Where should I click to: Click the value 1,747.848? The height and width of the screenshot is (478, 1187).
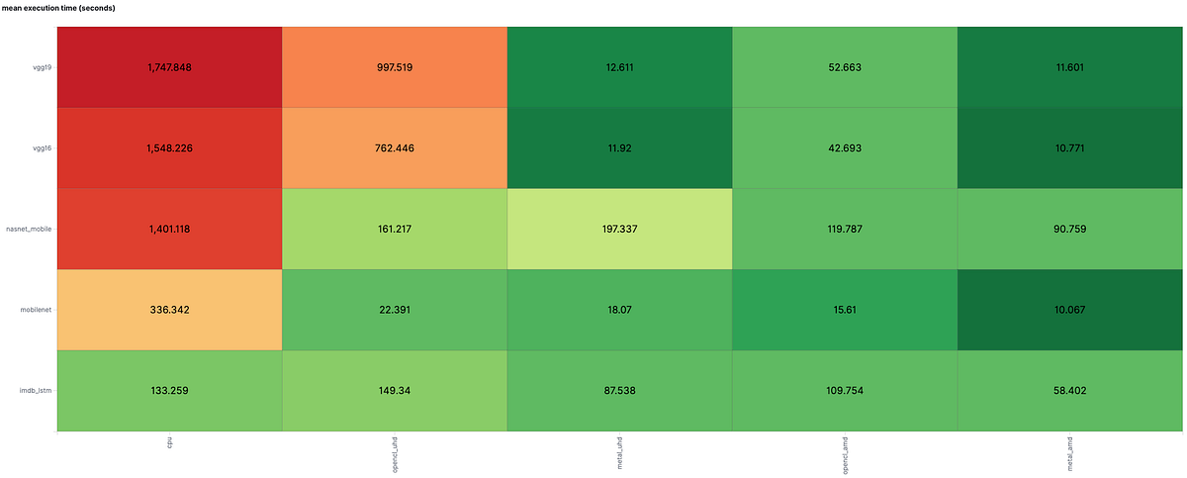click(169, 67)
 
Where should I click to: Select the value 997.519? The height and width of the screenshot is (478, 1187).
click(395, 67)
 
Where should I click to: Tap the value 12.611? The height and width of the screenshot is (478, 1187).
click(619, 67)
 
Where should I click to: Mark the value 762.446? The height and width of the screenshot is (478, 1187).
click(395, 148)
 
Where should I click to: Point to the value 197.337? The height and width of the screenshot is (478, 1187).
click(619, 229)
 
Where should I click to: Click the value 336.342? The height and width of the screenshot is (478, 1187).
click(169, 310)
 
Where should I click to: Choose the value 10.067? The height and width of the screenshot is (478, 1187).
click(1070, 310)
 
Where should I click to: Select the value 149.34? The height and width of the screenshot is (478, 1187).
click(395, 390)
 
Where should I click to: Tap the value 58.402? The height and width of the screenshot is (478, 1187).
click(1070, 390)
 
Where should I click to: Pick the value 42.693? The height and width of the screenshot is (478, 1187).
click(845, 148)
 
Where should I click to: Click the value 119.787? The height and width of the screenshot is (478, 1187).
click(845, 229)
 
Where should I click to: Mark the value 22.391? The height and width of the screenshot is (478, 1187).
click(395, 310)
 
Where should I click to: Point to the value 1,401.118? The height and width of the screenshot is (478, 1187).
click(169, 229)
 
